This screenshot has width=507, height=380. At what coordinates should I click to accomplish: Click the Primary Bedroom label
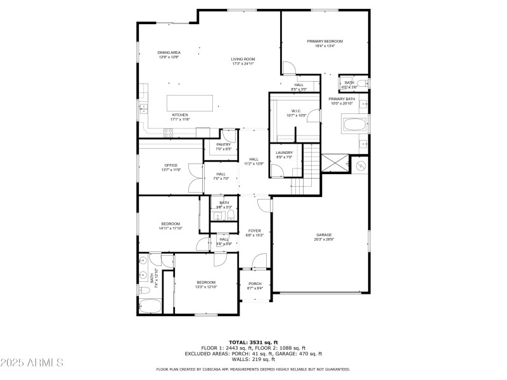point(325,43)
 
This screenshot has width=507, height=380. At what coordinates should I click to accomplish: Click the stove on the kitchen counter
point(169,132)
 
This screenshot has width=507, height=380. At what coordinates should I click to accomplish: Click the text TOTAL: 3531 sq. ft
point(253,342)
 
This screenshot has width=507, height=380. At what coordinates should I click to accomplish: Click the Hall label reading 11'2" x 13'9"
point(253,161)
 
